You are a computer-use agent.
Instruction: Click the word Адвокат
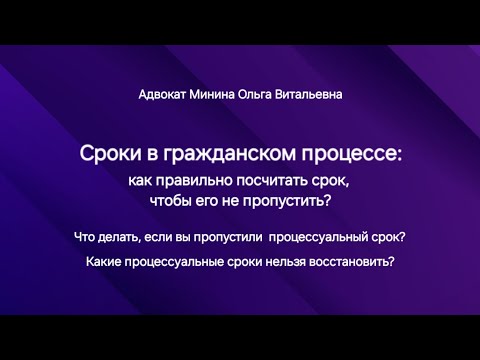(x=163, y=95)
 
